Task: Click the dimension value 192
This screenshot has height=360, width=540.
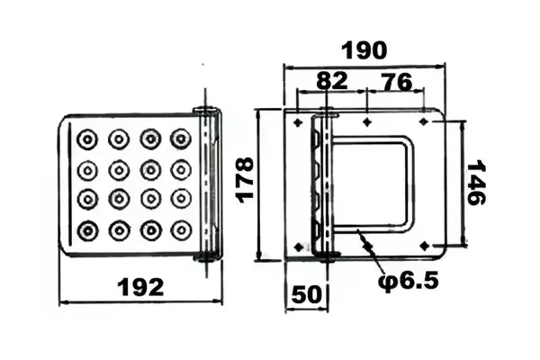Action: coord(141,287)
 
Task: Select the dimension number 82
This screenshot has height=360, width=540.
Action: coord(330,80)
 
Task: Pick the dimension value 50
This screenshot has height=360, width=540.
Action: coord(305,292)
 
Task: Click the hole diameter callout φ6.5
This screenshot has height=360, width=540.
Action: coord(408,281)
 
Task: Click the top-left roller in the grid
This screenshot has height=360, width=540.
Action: coord(88,139)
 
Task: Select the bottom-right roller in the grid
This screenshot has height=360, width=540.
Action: coord(181,230)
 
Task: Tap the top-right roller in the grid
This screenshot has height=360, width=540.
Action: coord(181,139)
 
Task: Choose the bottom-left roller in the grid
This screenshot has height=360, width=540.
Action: coord(88,230)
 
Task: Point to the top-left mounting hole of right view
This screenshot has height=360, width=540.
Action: coord(299,119)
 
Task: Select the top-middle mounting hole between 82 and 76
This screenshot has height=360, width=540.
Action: coord(367,119)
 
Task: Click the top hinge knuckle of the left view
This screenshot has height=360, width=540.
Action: coord(207,112)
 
